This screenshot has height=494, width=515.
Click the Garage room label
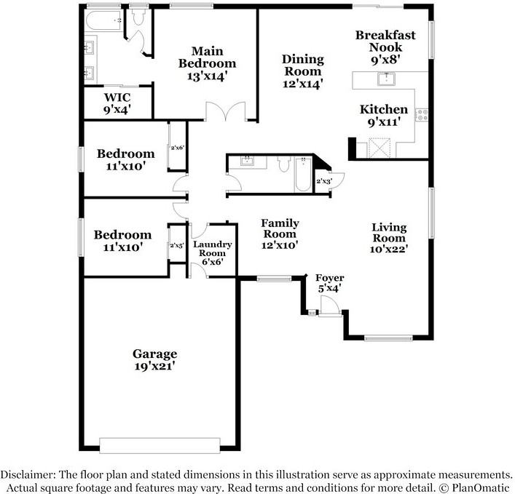click(154, 359)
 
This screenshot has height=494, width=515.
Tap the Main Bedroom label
click(207, 63)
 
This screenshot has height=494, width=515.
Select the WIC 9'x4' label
click(117, 103)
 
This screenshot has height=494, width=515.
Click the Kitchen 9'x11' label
click(384, 116)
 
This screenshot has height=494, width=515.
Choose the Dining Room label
click(302, 71)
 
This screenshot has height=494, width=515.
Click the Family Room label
click(280, 234)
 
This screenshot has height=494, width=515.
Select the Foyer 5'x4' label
click(329, 284)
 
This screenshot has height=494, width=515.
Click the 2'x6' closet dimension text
click(178, 148)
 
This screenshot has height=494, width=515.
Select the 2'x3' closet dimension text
click(324, 181)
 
